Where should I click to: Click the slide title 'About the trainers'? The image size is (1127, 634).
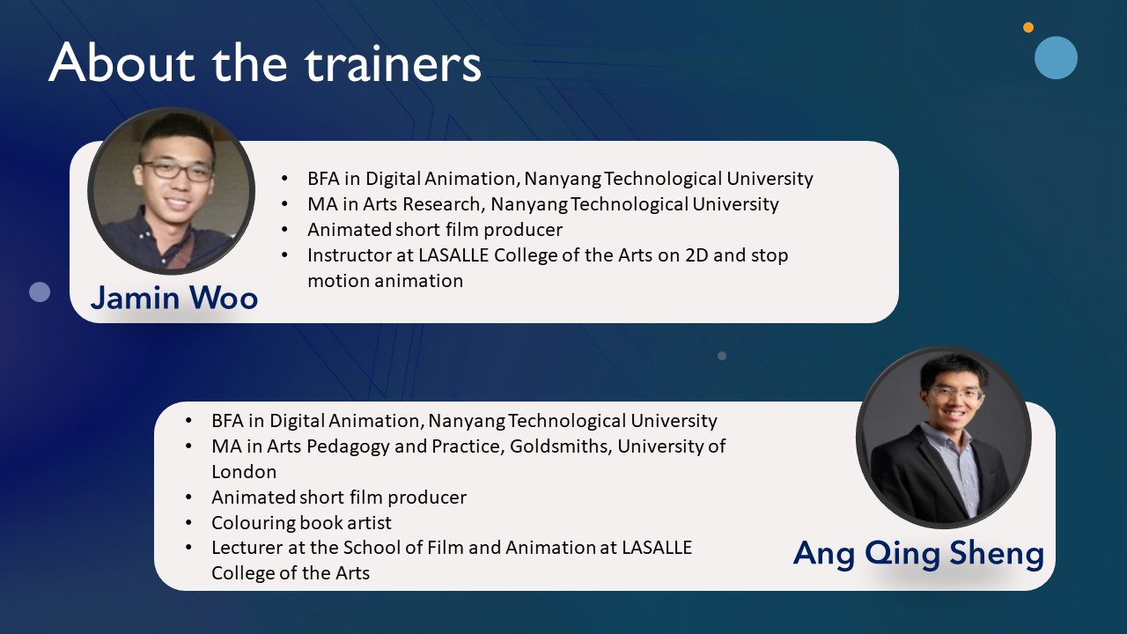click(x=265, y=63)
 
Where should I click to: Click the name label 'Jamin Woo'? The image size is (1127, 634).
click(x=174, y=298)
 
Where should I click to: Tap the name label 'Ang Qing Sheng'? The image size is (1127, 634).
click(x=918, y=554)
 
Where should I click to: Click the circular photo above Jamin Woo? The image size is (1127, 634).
click(x=171, y=191)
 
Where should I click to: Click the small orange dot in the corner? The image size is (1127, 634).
click(x=1028, y=27)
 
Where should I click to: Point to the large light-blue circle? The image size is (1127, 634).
click(x=1056, y=57)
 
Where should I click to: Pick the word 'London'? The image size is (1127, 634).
click(x=244, y=472)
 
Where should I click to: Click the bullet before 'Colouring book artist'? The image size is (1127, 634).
click(x=188, y=523)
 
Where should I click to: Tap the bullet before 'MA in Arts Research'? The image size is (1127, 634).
click(x=284, y=204)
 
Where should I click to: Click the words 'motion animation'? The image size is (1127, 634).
click(x=386, y=281)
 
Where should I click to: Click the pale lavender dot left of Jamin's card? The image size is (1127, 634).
click(x=40, y=291)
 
